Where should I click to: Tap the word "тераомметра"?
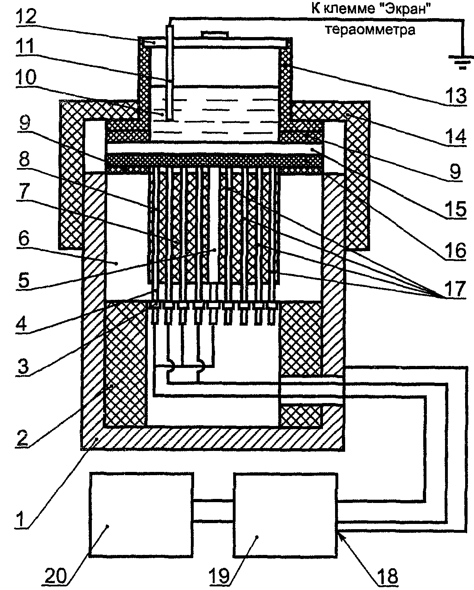(370, 29)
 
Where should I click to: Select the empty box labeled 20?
(141, 515)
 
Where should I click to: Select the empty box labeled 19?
(285, 515)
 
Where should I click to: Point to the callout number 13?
(455, 96)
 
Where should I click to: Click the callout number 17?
(455, 289)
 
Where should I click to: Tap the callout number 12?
(26, 17)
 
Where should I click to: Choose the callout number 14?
(455, 136)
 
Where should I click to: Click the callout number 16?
(455, 250)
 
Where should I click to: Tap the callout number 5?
(24, 280)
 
